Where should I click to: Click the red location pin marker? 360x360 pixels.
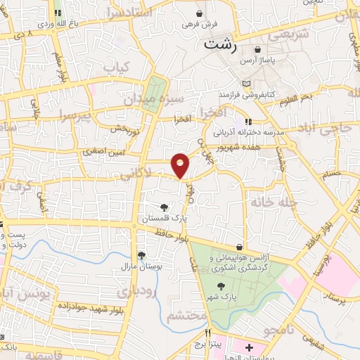click(181, 165)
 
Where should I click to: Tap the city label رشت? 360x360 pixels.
click(220, 43)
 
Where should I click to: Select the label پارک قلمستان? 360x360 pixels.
click(163, 219)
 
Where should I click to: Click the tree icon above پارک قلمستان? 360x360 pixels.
click(163, 207)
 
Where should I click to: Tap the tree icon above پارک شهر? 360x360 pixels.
click(221, 285)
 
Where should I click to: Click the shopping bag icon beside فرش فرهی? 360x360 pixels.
click(200, 13)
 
